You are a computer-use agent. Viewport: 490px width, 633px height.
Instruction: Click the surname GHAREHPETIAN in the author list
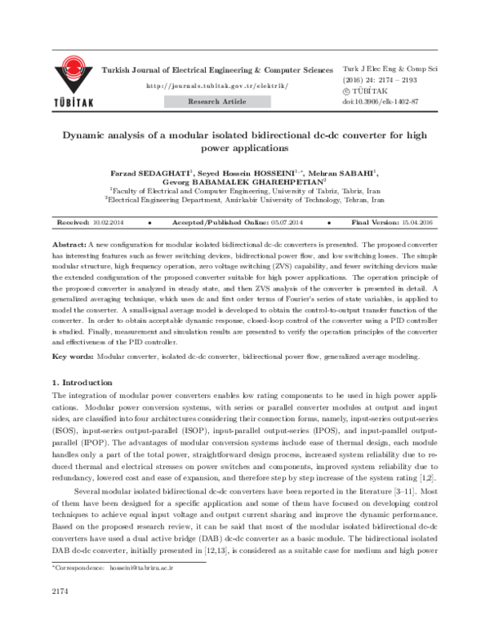[x=278, y=184]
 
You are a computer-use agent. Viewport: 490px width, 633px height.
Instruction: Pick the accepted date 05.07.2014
[x=287, y=222]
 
